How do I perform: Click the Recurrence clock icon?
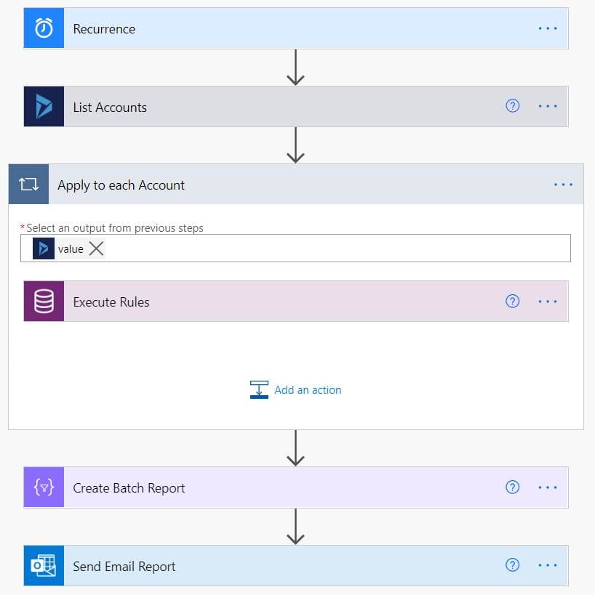[44, 29]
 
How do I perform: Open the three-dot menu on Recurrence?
[547, 28]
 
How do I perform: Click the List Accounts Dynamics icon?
[44, 107]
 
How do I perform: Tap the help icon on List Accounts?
[512, 106]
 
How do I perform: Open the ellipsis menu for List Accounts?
[547, 106]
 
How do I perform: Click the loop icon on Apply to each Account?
[28, 185]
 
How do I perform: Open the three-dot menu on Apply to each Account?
[563, 185]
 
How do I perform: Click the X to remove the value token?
[96, 249]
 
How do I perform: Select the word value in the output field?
[71, 249]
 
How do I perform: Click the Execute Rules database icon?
[44, 301]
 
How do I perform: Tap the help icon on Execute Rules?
[512, 301]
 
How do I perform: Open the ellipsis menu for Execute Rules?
[547, 301]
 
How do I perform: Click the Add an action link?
[307, 390]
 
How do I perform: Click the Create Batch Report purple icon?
[44, 487]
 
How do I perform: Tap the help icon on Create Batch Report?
[512, 487]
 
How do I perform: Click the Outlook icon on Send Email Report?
[44, 566]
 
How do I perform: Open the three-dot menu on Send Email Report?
[547, 565]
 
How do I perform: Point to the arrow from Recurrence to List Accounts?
[295, 68]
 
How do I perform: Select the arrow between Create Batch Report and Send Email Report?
[295, 527]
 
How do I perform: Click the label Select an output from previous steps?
[115, 228]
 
